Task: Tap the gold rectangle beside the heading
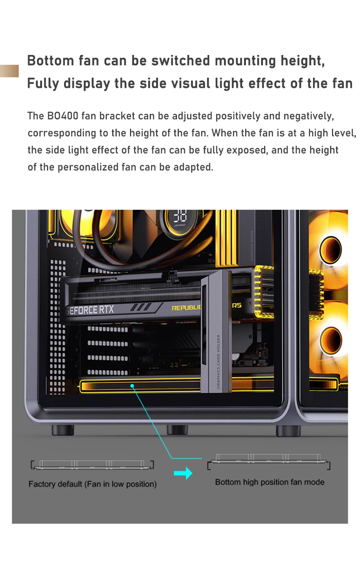click(x=9, y=71)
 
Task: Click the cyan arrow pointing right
click(x=183, y=473)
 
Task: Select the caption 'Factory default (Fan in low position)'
click(x=92, y=484)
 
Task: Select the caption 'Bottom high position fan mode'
click(x=269, y=482)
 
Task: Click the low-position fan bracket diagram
click(x=92, y=465)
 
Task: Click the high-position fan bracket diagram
click(x=269, y=461)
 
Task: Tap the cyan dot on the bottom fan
click(x=132, y=386)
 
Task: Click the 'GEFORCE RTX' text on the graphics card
click(x=90, y=310)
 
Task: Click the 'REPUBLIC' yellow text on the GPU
click(x=186, y=308)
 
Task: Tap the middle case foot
click(x=177, y=429)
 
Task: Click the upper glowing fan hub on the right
click(x=331, y=250)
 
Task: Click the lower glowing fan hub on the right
click(x=331, y=340)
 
